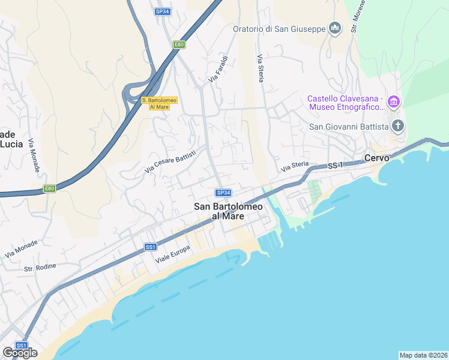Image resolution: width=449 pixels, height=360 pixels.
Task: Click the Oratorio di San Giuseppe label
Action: click(279, 28)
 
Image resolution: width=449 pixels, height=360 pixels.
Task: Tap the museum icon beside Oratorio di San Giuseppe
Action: click(335, 28)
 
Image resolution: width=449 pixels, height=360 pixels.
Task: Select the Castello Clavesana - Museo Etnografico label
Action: click(345, 103)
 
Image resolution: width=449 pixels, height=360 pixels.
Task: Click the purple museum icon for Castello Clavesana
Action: click(393, 102)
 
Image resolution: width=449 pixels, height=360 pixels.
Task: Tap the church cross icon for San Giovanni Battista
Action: click(397, 126)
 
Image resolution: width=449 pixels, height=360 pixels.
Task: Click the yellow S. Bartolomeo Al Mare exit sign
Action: click(155, 103)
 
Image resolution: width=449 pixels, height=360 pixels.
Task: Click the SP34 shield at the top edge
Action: click(161, 11)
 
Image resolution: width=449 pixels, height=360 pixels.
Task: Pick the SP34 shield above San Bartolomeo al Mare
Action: click(223, 193)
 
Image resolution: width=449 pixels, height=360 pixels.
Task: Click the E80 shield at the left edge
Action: click(49, 188)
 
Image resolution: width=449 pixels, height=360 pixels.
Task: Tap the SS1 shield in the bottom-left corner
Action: click(22, 346)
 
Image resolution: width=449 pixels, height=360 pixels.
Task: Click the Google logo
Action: click(20, 353)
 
